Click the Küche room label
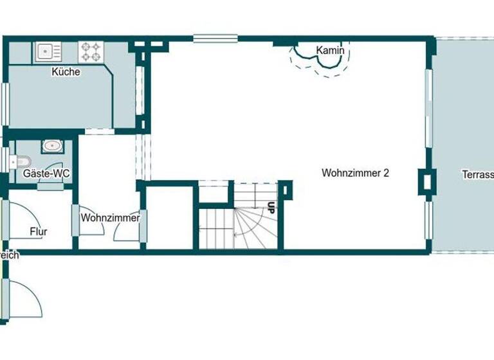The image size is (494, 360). pos(66,72)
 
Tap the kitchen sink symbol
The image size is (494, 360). pos(47,51)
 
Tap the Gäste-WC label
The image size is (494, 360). pos(46,174)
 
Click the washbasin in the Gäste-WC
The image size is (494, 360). pos(52,146)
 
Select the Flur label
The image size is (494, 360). pos(39,231)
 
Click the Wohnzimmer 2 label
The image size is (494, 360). pos(356,173)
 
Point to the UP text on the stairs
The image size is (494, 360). pos(271,208)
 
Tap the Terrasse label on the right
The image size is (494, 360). pos(477,174)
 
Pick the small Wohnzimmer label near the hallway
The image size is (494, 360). pos(110,218)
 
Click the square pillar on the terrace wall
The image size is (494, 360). pos(426,181)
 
